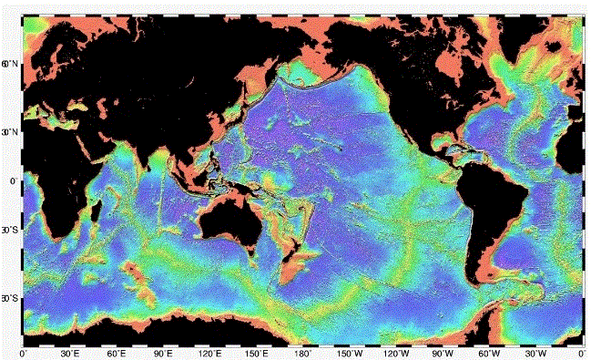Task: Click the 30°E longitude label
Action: pyautogui.click(x=70, y=352)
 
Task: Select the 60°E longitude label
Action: pyautogui.click(x=117, y=352)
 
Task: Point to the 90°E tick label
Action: pyautogui.click(x=163, y=352)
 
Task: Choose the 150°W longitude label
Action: pyautogui.click(x=349, y=352)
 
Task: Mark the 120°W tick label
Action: pyautogui.click(x=395, y=352)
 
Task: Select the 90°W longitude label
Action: pyautogui.click(x=443, y=352)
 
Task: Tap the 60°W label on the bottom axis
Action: pyautogui.click(x=489, y=352)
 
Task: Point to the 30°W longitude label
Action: pyautogui.click(x=535, y=352)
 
